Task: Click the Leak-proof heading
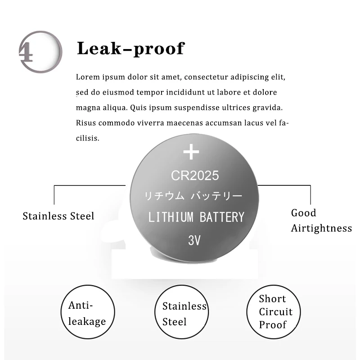tap(130, 48)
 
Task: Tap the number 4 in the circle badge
tap(26, 53)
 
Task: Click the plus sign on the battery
tap(191, 152)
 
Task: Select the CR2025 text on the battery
tap(194, 175)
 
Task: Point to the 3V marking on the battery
tap(194, 240)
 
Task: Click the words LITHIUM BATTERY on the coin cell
tap(196, 217)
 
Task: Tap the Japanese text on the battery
tap(193, 196)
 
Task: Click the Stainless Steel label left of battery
tap(58, 216)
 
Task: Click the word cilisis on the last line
tap(87, 138)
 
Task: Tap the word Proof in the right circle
tap(273, 324)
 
